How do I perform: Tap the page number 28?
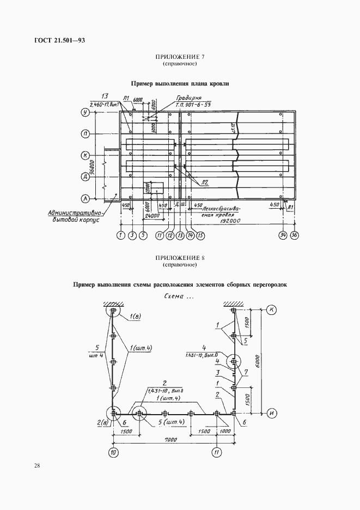point(36,465)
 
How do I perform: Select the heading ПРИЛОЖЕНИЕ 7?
point(180,57)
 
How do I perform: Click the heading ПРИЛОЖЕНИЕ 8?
point(180,258)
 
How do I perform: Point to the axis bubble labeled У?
point(86,113)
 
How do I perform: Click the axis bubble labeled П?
point(86,133)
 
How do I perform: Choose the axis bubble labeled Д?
point(86,176)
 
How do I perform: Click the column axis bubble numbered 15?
point(201,235)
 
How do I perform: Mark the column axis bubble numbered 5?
point(143,235)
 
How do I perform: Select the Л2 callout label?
point(205,183)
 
